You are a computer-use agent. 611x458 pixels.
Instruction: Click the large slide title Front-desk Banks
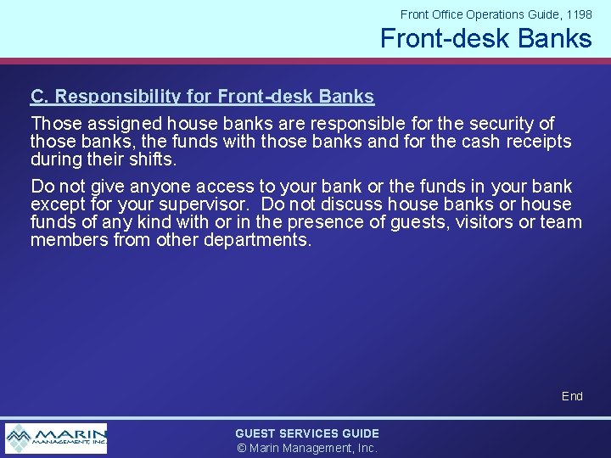(x=485, y=38)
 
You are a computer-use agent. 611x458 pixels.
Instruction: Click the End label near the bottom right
(x=572, y=396)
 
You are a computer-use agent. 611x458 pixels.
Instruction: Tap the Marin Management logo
(x=56, y=438)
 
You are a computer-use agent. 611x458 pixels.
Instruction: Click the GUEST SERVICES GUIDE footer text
(x=307, y=433)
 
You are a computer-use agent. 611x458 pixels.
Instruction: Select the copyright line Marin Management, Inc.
(x=307, y=448)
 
